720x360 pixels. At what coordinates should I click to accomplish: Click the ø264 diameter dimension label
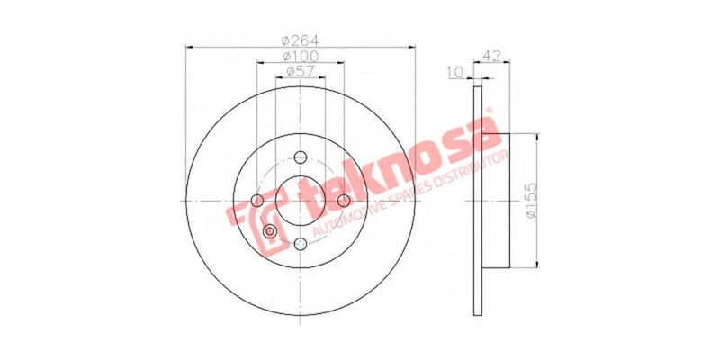point(301,40)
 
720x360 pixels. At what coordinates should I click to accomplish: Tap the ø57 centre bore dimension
point(301,71)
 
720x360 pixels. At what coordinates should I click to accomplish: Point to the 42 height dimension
point(492,56)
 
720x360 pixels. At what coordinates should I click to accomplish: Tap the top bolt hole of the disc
point(300,157)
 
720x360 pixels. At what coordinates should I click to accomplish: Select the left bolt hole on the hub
point(257,200)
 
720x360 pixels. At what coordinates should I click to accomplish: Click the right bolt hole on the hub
point(343,200)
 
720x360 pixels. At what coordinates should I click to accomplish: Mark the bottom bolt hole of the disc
point(300,242)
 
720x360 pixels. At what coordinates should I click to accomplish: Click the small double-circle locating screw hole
point(270,231)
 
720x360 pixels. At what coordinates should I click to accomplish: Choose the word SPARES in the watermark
point(413,195)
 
